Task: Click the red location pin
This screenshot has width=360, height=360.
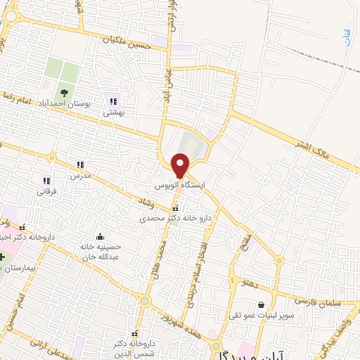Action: pos(180,165)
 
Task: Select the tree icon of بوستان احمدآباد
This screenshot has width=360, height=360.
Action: pos(64,92)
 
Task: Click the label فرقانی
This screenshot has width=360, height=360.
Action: pos(47,191)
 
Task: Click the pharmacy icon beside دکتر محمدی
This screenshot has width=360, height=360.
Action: pos(176,208)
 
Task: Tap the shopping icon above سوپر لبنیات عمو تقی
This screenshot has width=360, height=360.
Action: pos(262,304)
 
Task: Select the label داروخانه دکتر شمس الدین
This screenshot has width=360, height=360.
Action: pos(134,345)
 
